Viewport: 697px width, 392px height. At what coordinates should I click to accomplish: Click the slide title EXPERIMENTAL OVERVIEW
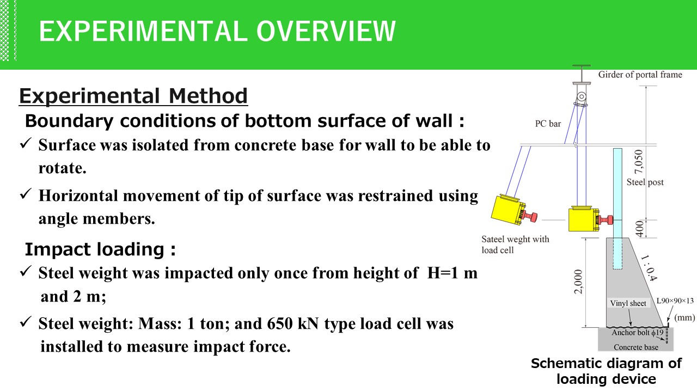pyautogui.click(x=217, y=31)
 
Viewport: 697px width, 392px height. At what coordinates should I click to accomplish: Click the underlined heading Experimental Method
pyautogui.click(x=133, y=96)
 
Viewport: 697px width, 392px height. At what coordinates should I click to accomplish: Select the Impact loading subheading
pyautogui.click(x=101, y=249)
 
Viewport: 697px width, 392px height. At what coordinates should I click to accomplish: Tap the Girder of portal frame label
pyautogui.click(x=640, y=75)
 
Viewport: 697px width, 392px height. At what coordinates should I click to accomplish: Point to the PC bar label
pyautogui.click(x=548, y=124)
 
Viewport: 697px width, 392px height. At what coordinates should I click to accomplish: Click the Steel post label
pyautogui.click(x=645, y=182)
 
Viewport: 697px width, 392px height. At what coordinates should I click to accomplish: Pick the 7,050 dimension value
pyautogui.click(x=638, y=162)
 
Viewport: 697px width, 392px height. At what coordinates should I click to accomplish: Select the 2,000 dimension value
pyautogui.click(x=578, y=281)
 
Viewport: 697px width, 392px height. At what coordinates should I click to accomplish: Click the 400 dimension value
pyautogui.click(x=639, y=229)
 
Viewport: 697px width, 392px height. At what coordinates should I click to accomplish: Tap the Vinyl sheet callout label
pyautogui.click(x=628, y=303)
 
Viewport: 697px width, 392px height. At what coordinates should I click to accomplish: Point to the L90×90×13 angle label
pyautogui.click(x=675, y=301)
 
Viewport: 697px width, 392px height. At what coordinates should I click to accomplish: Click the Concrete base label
pyautogui.click(x=635, y=347)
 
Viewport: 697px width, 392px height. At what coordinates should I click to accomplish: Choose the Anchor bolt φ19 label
pyautogui.click(x=638, y=333)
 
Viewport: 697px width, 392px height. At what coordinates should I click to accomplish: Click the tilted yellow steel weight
pyautogui.click(x=510, y=210)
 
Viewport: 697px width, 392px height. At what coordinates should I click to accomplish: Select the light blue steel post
pyautogui.click(x=617, y=209)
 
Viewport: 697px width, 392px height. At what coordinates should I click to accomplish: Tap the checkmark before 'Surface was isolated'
pyautogui.click(x=26, y=143)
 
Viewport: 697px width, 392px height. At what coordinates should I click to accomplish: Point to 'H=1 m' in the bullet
pyautogui.click(x=452, y=273)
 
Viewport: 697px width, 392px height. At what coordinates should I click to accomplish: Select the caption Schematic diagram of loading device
pyautogui.click(x=606, y=371)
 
